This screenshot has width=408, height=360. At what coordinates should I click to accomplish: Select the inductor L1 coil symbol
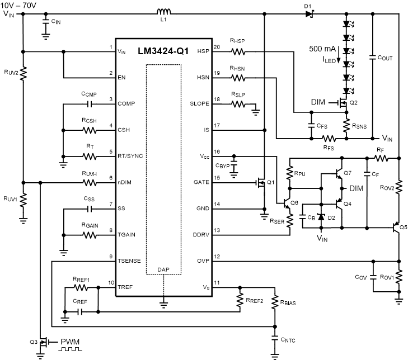click(163, 12)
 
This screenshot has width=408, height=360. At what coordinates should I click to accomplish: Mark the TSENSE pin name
click(130, 260)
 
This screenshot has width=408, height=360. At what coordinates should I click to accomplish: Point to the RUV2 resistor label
click(11, 72)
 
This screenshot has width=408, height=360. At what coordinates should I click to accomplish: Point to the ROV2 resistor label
click(387, 188)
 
